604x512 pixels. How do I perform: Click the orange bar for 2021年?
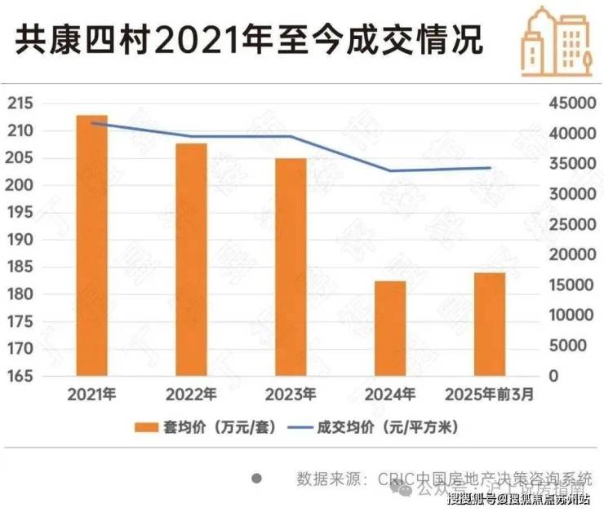[92, 245]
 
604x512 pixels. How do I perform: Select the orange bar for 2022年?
[192, 259]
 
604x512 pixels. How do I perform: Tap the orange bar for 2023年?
[291, 267]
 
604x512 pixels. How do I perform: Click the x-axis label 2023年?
[291, 395]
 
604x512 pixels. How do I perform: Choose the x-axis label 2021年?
[92, 395]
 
